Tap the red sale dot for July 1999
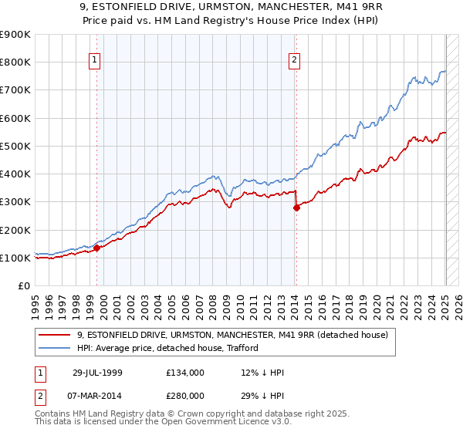[97, 248]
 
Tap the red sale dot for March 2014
[296, 208]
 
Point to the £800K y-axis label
[15, 62]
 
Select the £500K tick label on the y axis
[15, 146]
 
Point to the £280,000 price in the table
[184, 395]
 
